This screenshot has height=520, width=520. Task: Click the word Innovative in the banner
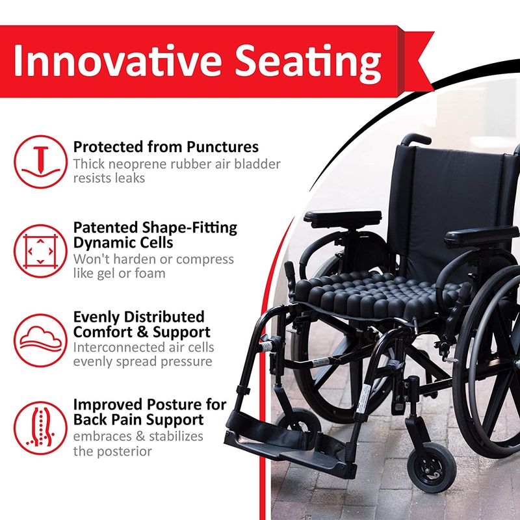tap(118, 60)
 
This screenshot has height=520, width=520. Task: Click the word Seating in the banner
tap(308, 63)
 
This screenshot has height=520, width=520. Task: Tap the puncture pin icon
tap(41, 162)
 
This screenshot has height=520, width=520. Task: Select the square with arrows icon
tap(40, 251)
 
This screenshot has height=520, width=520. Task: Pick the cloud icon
tap(40, 340)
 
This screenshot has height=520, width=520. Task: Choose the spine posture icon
tap(40, 428)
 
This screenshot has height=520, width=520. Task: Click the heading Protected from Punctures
tap(166, 147)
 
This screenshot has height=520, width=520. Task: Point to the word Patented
tap(105, 228)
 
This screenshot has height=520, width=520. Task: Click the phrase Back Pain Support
tap(138, 419)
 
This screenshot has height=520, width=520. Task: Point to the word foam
tap(150, 273)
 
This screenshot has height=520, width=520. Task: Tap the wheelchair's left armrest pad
tap(343, 218)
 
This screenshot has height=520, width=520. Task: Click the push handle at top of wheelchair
tap(416, 138)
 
